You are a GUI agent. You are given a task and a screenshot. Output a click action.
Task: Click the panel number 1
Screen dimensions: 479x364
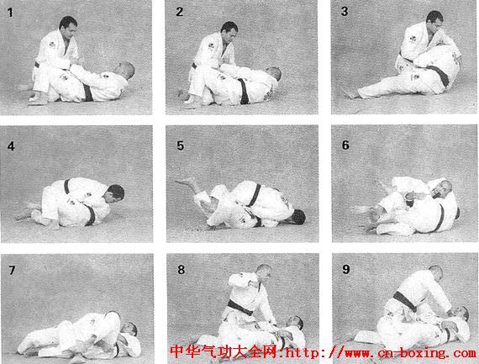[x=10, y=13]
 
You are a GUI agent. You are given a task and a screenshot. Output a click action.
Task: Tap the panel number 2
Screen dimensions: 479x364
[x=180, y=12]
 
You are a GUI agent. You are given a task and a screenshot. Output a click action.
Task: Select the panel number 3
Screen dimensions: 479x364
[x=345, y=11]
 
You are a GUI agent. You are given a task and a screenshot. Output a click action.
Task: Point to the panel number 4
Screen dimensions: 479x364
[x=11, y=146]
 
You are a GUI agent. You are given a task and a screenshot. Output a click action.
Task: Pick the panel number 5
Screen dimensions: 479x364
[x=180, y=145]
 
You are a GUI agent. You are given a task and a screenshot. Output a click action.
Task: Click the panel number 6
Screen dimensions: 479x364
[x=345, y=145]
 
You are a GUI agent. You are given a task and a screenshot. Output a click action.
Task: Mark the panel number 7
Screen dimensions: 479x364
[x=12, y=270]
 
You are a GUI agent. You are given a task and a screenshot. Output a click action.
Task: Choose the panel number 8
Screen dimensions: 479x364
[x=182, y=270]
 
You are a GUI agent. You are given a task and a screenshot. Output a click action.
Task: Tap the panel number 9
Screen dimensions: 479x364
[x=346, y=269]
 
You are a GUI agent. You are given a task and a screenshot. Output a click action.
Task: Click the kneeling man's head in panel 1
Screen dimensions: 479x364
[x=68, y=26]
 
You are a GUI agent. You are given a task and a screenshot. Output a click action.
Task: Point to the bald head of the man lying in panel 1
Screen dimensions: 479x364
[x=125, y=71]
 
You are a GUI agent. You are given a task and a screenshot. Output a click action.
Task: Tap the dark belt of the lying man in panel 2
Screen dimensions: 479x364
[x=244, y=91]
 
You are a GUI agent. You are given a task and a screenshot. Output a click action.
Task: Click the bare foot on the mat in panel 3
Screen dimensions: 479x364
[x=351, y=93]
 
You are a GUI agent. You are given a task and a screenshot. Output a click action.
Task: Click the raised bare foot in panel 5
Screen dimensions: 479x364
[x=186, y=182]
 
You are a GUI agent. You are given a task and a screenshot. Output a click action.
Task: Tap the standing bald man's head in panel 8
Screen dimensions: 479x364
[x=263, y=272]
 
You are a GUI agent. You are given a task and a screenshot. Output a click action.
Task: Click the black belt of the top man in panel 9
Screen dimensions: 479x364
[x=405, y=302]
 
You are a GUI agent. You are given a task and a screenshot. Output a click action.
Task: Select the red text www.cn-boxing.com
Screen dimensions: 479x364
[x=410, y=354]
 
